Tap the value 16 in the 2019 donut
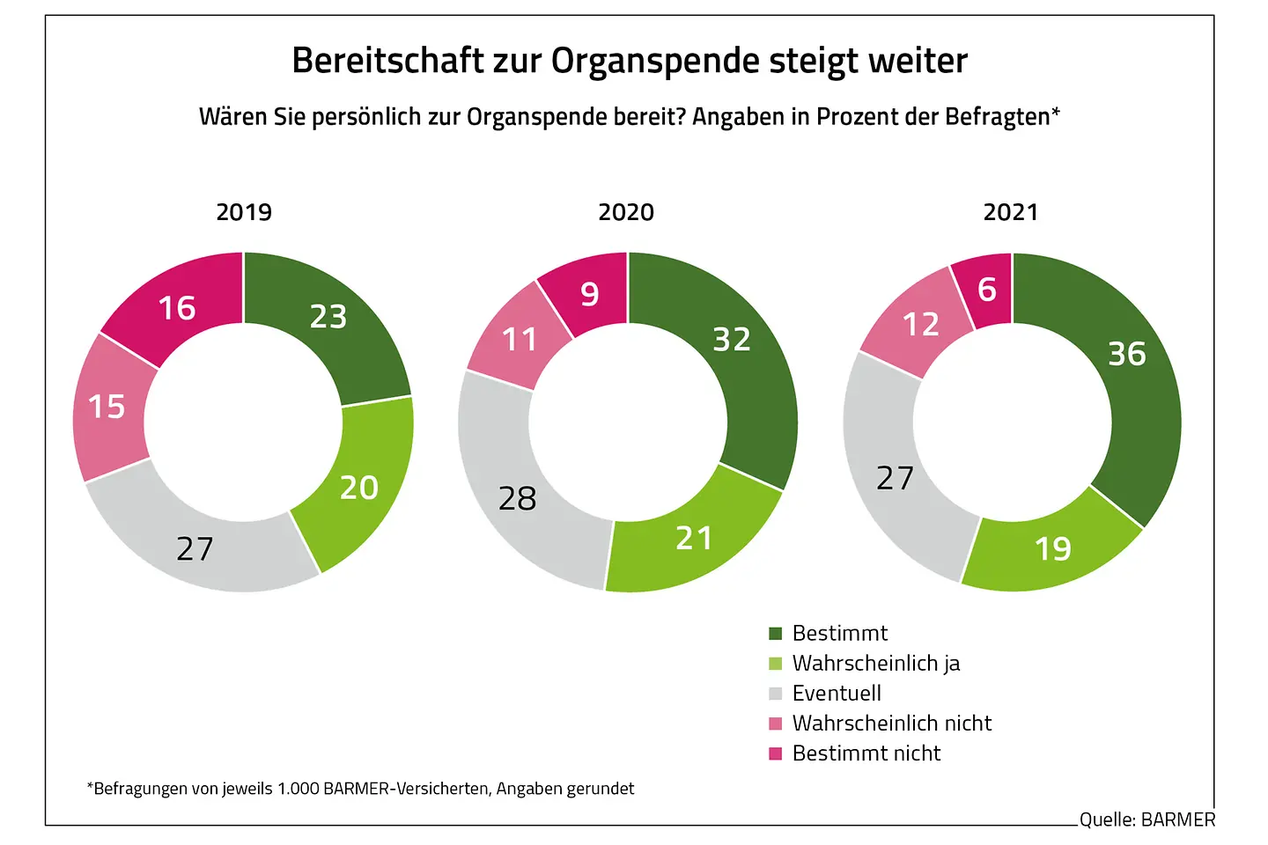pos(176,308)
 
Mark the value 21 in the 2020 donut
pos(694,538)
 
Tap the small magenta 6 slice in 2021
pos(987,290)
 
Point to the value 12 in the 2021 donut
pos(921,325)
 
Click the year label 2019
pos(244,212)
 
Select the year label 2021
pos(1011,212)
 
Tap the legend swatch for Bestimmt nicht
pos(776,753)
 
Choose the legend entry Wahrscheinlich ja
pos(875,663)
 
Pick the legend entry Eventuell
pos(837,693)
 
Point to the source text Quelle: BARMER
pos(1146,819)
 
